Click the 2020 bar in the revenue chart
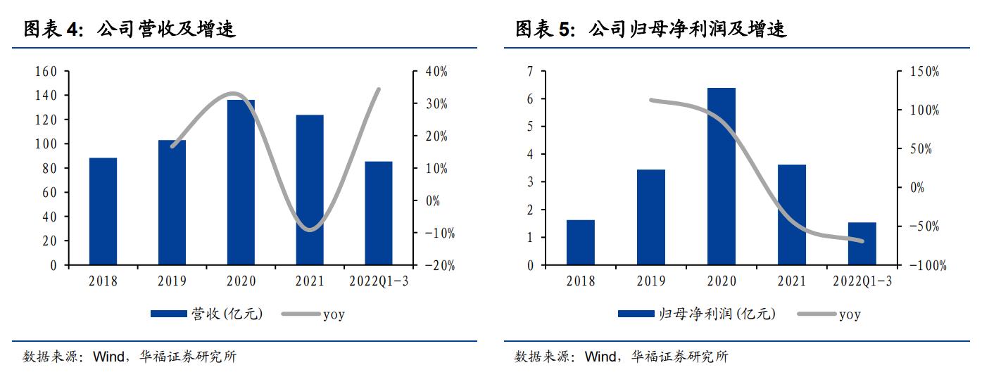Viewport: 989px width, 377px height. [241, 182]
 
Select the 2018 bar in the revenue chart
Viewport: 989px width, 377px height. [103, 211]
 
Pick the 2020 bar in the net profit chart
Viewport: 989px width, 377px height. [721, 177]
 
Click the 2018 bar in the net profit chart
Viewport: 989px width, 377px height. [581, 243]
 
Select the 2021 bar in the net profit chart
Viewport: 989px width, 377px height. [791, 215]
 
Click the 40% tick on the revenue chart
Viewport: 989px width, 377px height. [436, 72]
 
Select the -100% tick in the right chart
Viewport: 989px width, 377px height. [926, 266]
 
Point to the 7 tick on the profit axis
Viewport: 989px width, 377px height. [530, 72]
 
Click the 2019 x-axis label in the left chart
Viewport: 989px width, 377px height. [172, 281]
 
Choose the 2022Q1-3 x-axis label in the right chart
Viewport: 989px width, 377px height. [862, 281]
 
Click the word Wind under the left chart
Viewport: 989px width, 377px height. [109, 357]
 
